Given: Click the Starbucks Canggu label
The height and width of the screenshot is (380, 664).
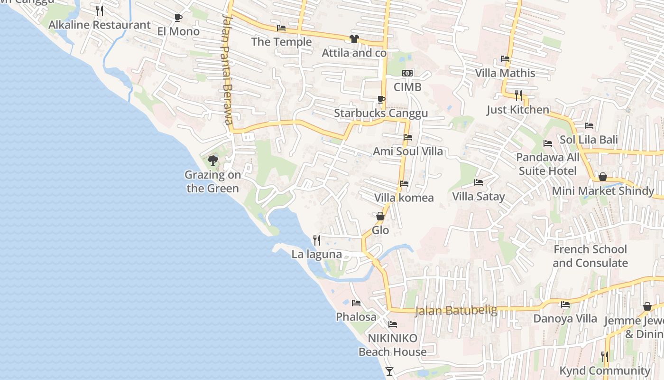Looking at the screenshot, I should coord(381,113).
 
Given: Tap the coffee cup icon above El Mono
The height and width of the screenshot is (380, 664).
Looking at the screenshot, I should coord(178,18).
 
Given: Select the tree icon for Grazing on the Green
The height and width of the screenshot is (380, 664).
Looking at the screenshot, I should coord(213,160).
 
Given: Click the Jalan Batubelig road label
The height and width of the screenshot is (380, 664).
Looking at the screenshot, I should coord(456,311).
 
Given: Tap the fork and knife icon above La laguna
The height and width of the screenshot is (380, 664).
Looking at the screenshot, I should coord(317,240).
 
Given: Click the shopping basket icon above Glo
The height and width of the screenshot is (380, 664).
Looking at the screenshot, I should coord(380,216).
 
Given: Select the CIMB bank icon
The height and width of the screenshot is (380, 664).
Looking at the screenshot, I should coord(407,73).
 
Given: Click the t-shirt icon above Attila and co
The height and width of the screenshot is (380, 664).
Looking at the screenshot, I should coord(354,39).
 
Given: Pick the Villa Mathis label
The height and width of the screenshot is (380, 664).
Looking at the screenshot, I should coord(505,73).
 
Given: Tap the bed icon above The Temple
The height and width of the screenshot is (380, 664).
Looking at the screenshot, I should coord(281,28).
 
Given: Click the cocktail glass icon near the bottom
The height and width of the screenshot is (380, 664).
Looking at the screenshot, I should coord(389,371).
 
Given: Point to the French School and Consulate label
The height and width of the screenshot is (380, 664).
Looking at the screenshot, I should coord(590,256).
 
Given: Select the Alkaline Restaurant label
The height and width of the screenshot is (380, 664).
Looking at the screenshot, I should coord(100,25).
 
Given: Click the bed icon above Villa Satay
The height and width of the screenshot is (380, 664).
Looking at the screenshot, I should coord(479,182).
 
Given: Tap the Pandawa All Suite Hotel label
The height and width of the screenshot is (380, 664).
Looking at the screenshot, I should coord(548,164).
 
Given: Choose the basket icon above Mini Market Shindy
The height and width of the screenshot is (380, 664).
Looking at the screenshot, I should coord(603,177).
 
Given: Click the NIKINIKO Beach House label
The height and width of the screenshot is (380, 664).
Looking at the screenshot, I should coord(393,345).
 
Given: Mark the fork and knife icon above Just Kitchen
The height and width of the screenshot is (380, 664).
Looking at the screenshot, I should coord(518,95).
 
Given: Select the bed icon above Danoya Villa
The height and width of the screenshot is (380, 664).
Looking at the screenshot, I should coord(565,304).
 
